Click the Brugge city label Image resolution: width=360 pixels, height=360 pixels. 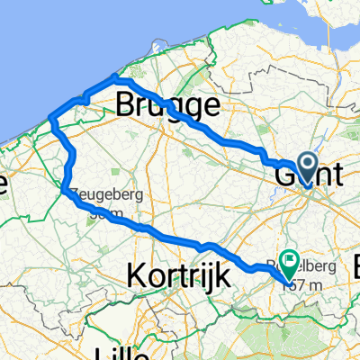[168, 107]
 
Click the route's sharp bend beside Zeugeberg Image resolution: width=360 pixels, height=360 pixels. [66, 188]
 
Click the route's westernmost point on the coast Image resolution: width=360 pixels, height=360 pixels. [50, 119]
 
